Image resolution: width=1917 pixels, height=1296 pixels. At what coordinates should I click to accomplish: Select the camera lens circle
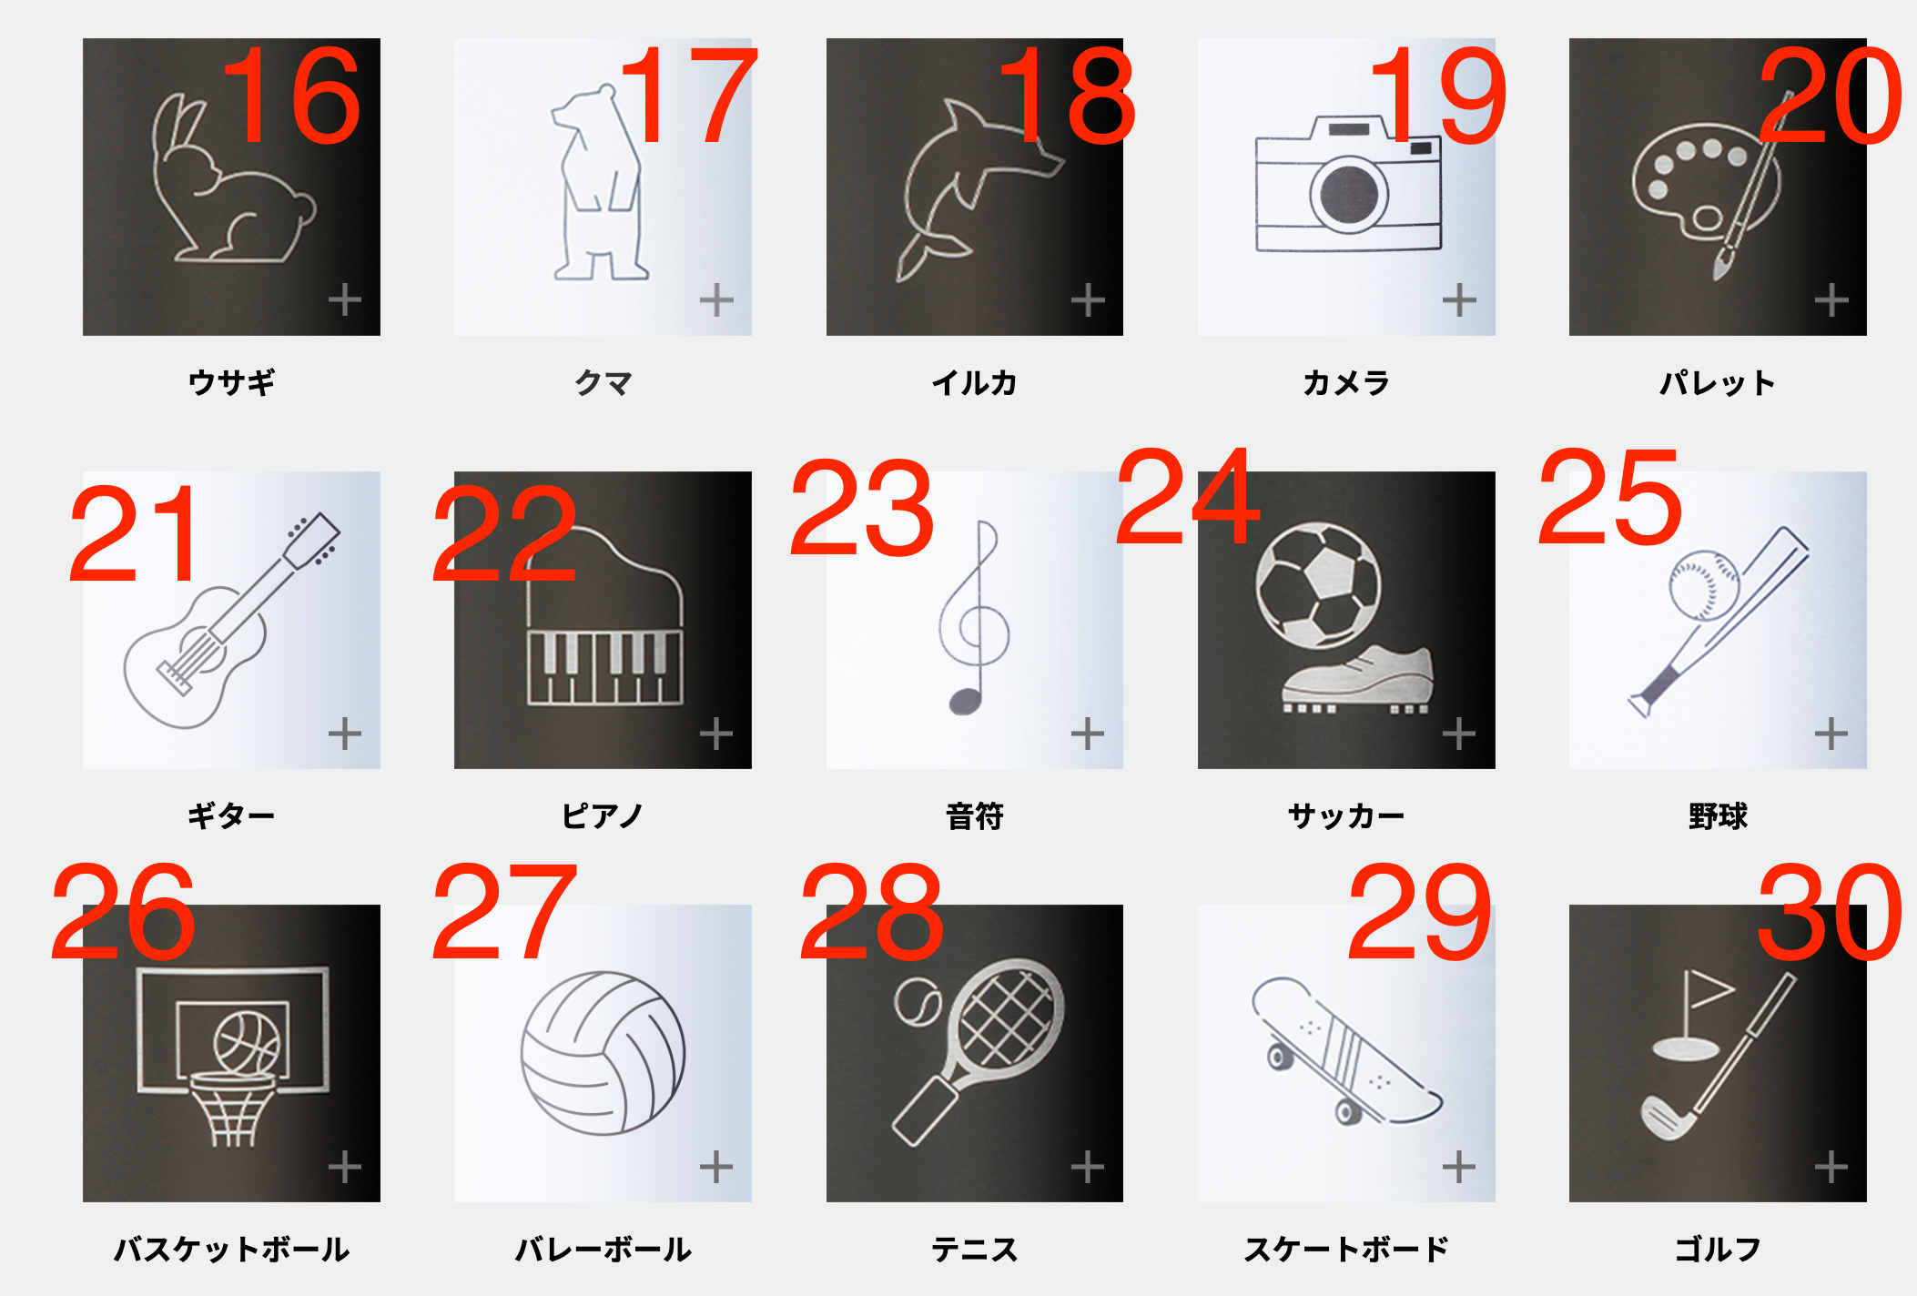tap(1349, 194)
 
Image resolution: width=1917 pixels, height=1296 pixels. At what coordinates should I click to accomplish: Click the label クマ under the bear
tap(603, 383)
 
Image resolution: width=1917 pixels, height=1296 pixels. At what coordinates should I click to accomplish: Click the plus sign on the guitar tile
tap(345, 733)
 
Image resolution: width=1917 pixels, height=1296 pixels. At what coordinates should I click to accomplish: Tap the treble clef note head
tap(966, 701)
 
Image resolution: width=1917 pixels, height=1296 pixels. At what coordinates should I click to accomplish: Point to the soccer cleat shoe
tap(1357, 679)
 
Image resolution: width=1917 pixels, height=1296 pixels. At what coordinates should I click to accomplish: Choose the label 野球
tap(1718, 816)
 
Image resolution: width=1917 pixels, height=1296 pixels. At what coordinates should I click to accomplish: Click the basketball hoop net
tap(232, 1112)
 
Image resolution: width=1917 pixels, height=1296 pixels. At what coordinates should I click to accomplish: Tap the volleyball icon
tap(603, 1053)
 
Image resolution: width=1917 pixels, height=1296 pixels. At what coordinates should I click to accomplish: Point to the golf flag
tap(1708, 991)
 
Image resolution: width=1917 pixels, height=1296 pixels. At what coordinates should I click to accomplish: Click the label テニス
tap(974, 1250)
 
